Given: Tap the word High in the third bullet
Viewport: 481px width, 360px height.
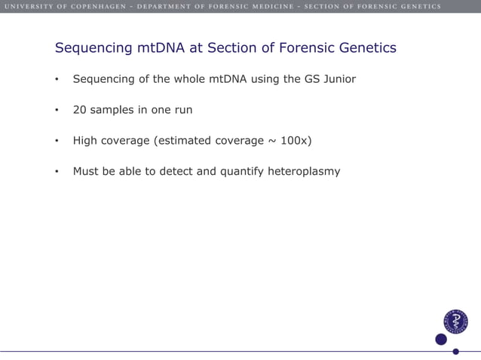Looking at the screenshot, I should click(x=85, y=141).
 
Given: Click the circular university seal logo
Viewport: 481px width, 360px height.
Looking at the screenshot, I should click(x=455, y=321).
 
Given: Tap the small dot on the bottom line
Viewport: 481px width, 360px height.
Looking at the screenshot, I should click(x=455, y=351).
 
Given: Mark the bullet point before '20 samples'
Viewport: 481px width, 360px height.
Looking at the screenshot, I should click(x=57, y=111).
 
